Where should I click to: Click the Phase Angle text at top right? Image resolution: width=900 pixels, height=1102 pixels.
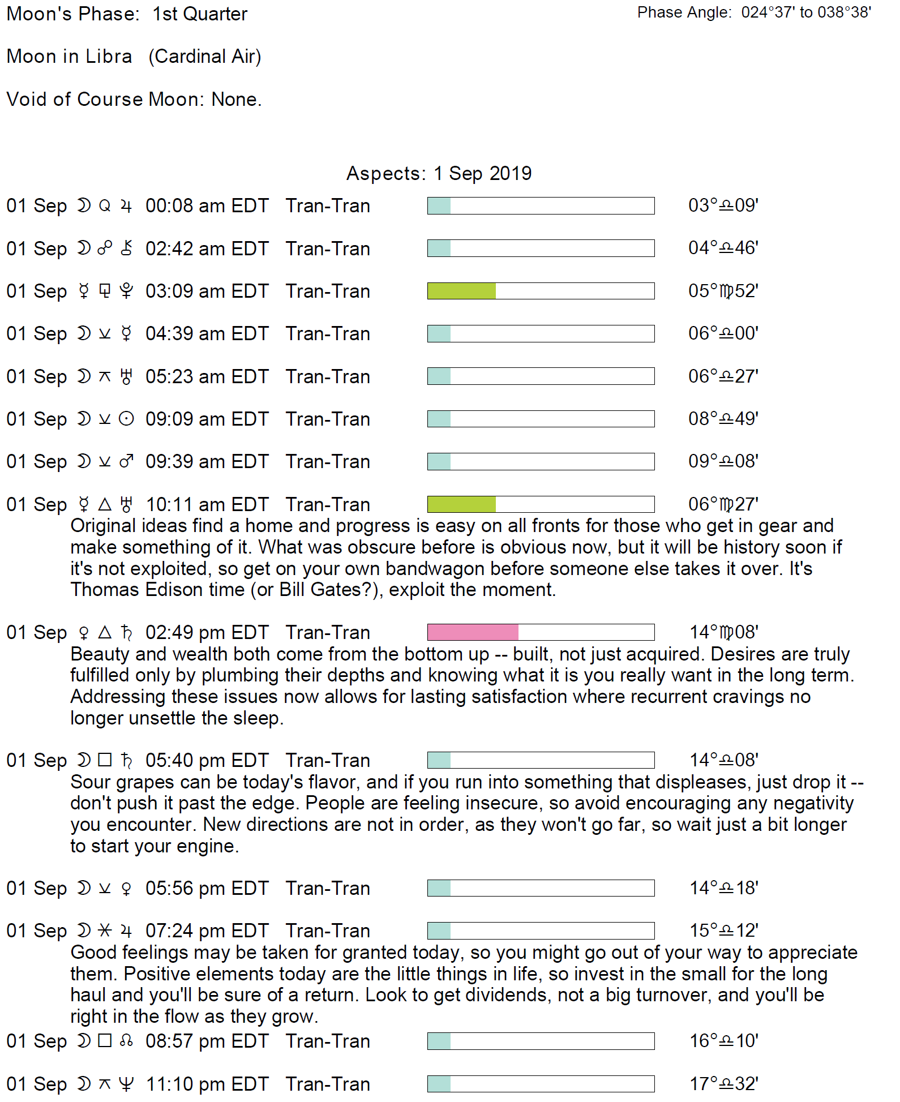click(754, 12)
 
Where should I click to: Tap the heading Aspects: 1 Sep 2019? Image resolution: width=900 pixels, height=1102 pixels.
click(439, 173)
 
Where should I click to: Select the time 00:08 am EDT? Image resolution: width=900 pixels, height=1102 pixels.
click(207, 206)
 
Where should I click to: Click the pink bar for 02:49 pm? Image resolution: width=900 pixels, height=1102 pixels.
click(473, 632)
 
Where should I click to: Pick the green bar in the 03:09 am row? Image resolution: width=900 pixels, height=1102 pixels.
click(461, 291)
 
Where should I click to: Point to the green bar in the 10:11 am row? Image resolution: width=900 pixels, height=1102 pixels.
click(461, 504)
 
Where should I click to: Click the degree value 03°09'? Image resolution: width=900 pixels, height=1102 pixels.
click(723, 205)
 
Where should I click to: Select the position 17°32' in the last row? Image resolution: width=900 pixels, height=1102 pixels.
click(723, 1084)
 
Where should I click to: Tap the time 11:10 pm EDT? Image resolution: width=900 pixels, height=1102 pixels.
click(207, 1084)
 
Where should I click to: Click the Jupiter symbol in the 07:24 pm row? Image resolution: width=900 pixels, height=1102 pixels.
click(126, 931)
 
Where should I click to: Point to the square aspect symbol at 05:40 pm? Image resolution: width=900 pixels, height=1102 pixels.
click(105, 760)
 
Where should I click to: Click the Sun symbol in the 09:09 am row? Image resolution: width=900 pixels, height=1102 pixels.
click(126, 419)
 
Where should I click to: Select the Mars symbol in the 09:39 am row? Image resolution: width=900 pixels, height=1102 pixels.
click(126, 462)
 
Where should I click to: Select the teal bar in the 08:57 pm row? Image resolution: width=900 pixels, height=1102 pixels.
click(439, 1041)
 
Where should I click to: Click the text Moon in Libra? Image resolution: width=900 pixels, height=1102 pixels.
click(69, 57)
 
